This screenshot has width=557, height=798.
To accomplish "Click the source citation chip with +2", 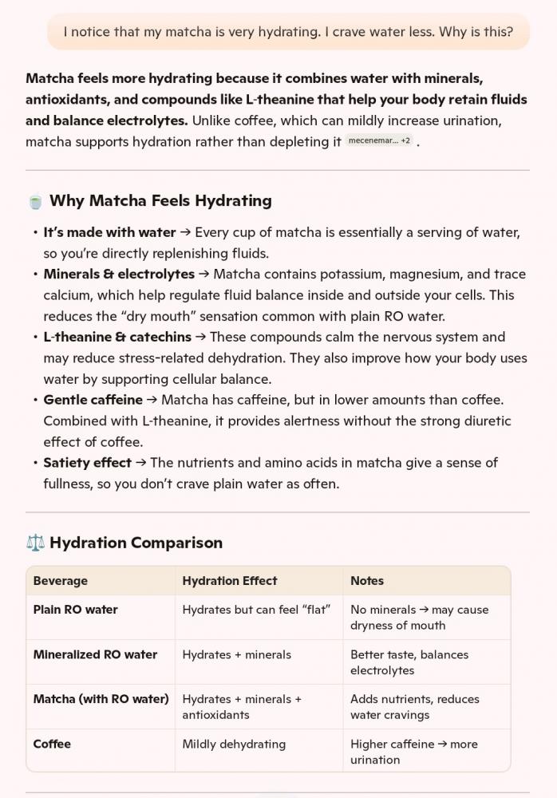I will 380,141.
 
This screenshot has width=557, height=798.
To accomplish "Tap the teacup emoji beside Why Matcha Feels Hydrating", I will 35,202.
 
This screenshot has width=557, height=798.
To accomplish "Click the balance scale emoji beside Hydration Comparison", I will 35,543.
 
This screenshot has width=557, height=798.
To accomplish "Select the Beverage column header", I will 61,581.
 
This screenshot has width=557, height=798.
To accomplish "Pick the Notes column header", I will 367,581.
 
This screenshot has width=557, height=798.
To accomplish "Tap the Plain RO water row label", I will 75,610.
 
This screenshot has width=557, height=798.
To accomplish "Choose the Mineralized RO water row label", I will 95,654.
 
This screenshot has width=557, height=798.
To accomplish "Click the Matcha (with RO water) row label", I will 101,699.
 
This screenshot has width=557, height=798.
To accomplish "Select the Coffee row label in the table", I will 52,744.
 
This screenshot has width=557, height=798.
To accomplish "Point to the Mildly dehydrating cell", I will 234,744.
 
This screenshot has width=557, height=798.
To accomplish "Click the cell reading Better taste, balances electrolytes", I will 409,662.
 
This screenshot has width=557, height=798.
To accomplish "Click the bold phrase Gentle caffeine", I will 93,400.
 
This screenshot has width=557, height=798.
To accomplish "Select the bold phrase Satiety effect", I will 87,463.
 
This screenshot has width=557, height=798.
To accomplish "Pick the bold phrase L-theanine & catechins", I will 117,338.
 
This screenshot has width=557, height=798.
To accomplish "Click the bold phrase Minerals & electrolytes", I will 119,275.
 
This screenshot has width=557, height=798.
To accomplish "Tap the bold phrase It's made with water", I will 109,233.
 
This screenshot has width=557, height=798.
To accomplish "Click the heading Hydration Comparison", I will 136,543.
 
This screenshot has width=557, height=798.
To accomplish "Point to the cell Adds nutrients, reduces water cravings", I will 415,707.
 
